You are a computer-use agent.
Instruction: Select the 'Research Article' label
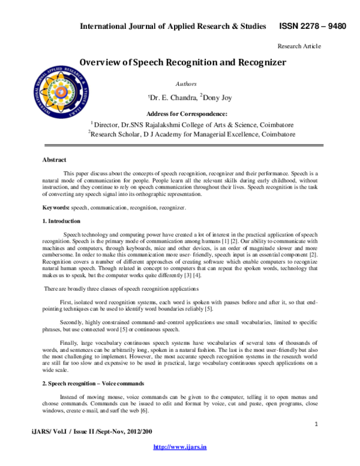coord(299,46)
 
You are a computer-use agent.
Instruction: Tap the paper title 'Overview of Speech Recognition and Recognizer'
coord(183,62)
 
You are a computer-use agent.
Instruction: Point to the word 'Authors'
coord(185,84)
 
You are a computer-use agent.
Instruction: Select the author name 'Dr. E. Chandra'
coord(170,97)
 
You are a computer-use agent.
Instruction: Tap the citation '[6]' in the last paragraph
coord(144,411)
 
